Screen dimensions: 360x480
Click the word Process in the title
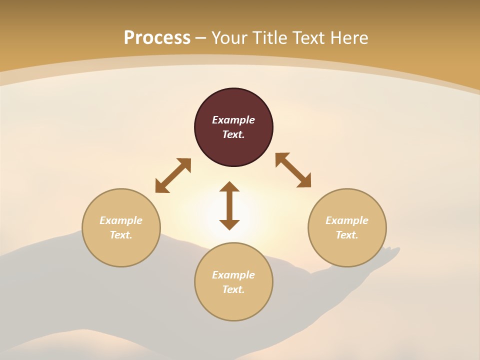click(x=157, y=38)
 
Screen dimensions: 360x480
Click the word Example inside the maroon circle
click(x=233, y=120)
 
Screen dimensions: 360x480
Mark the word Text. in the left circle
click(x=121, y=235)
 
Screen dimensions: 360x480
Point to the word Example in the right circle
click(x=347, y=220)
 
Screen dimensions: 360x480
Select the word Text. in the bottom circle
click(x=233, y=289)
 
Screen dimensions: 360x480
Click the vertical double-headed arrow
click(x=229, y=205)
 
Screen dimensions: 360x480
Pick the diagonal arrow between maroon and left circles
click(x=173, y=175)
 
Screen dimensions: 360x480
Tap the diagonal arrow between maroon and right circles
click(x=293, y=170)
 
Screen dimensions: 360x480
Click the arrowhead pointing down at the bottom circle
click(x=229, y=224)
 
